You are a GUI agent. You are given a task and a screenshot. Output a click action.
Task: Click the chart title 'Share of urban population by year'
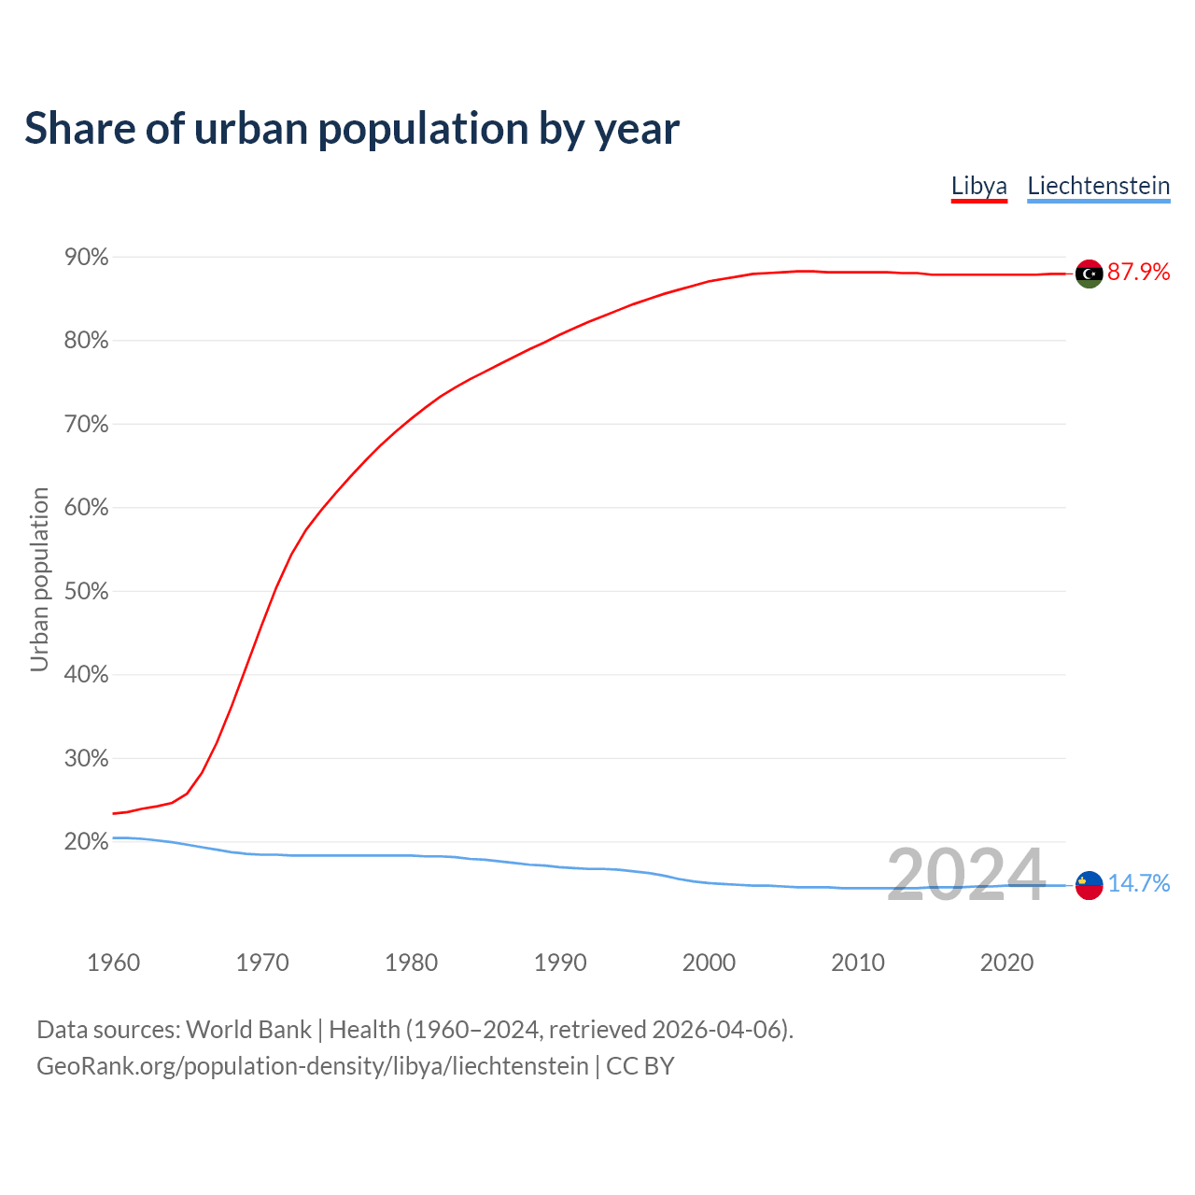tap(352, 129)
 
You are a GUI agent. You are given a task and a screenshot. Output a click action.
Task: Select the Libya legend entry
tap(979, 186)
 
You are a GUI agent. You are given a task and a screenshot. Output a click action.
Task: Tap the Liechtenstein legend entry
tap(1098, 186)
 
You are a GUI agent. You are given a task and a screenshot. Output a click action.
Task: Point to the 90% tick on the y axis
tap(86, 258)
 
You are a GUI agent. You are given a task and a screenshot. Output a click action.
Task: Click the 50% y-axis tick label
tap(86, 592)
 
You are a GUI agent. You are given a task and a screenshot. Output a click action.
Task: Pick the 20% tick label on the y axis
tap(86, 842)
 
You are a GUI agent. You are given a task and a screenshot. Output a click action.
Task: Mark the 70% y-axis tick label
tap(86, 425)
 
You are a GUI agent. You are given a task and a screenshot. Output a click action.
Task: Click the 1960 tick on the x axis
tap(113, 963)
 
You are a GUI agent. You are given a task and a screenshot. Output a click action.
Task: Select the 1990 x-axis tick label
tap(560, 963)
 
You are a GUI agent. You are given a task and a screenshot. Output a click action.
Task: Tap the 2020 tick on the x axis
tap(1006, 963)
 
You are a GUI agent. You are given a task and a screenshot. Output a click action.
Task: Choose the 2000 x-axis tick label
tap(709, 963)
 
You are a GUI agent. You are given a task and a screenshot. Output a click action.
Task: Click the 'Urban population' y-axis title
tap(39, 579)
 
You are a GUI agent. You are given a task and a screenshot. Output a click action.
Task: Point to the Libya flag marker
tap(1089, 274)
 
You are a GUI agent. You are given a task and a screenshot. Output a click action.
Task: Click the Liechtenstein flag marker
tap(1089, 884)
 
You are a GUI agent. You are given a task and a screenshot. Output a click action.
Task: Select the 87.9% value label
tap(1138, 273)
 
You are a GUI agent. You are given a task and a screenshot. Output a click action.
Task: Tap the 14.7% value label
tap(1138, 883)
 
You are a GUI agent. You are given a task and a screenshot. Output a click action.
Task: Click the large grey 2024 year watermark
tap(965, 876)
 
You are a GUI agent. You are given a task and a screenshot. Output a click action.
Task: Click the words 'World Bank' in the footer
tap(248, 1030)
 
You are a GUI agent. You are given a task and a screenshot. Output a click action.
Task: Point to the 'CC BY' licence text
tap(640, 1066)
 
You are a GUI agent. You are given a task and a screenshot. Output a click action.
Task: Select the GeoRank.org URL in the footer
tap(313, 1066)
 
